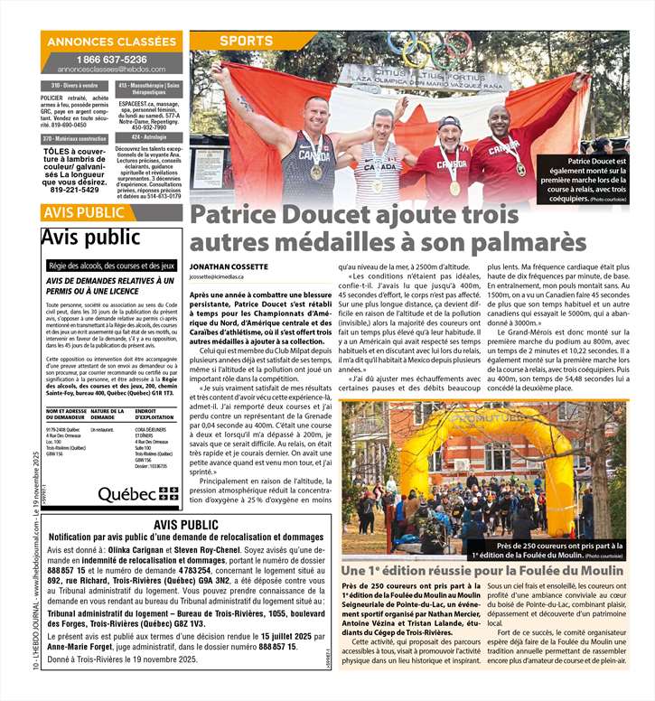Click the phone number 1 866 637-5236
(112, 59)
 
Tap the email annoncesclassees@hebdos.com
(112, 69)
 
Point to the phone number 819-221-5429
(76, 191)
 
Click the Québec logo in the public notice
(138, 494)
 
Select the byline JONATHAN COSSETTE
(229, 267)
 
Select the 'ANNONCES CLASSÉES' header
(112, 42)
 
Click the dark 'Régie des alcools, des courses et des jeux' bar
(112, 266)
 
